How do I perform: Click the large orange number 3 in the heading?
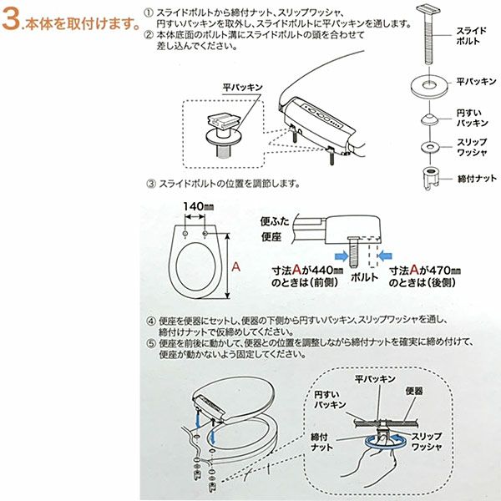coord(11,20)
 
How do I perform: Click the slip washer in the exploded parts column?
coord(430,147)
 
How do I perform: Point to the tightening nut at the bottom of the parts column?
coord(431,178)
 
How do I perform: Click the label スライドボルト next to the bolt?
coord(471,36)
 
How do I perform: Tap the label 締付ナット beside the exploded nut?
coord(478,179)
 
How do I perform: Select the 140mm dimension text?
coord(199,206)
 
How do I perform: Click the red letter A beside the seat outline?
coord(235,266)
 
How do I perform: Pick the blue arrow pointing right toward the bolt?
coord(342,256)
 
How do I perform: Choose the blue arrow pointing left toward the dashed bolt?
coord(385,256)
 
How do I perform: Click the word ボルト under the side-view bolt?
coord(364,277)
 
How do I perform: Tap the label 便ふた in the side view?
coord(275,221)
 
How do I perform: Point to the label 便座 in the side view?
coord(271,237)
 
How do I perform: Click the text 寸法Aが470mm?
coord(425,271)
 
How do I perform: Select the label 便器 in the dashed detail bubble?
coord(414,391)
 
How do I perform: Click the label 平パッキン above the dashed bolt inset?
coord(242,87)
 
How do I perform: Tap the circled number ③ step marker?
coord(151,184)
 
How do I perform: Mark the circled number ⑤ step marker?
coord(151,343)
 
